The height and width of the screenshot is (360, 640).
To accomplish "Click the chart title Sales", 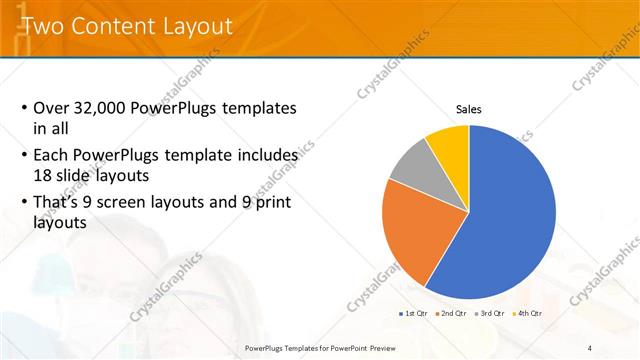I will tap(469, 109).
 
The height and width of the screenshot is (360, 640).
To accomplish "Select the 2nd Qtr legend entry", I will tap(451, 313).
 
